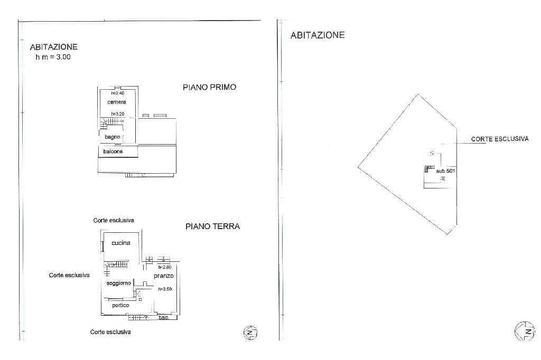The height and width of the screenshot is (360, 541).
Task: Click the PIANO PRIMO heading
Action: [209, 87]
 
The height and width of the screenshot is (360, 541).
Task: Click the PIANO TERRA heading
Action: [212, 226]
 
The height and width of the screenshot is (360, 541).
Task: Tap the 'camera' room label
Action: [116, 102]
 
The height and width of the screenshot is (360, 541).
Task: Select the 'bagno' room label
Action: [113, 137]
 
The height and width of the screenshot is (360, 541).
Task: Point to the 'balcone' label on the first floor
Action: [113, 151]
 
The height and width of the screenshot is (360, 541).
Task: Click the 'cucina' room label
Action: [121, 243]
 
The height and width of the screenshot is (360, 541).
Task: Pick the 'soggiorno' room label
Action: [118, 283]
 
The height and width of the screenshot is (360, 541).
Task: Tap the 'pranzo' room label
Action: [164, 276]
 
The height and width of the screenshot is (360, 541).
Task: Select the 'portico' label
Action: [120, 305]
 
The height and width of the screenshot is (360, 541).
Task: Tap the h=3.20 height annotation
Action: [117, 113]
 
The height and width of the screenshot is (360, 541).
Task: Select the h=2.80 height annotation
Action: [164, 267]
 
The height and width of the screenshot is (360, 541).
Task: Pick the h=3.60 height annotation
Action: [165, 289]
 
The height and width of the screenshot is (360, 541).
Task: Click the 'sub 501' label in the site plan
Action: [445, 171]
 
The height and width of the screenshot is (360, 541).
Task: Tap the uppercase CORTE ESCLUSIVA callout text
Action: [500, 139]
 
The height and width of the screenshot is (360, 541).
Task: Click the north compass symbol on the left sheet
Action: [249, 333]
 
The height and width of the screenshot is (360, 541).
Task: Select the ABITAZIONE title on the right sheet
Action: [318, 35]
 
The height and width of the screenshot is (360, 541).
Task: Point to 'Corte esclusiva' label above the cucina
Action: [114, 220]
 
